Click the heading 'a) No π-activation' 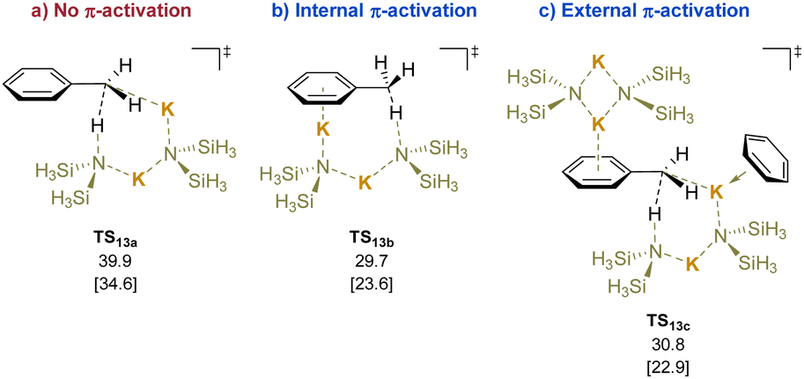tap(100, 13)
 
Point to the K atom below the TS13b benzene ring tap(324, 130)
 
